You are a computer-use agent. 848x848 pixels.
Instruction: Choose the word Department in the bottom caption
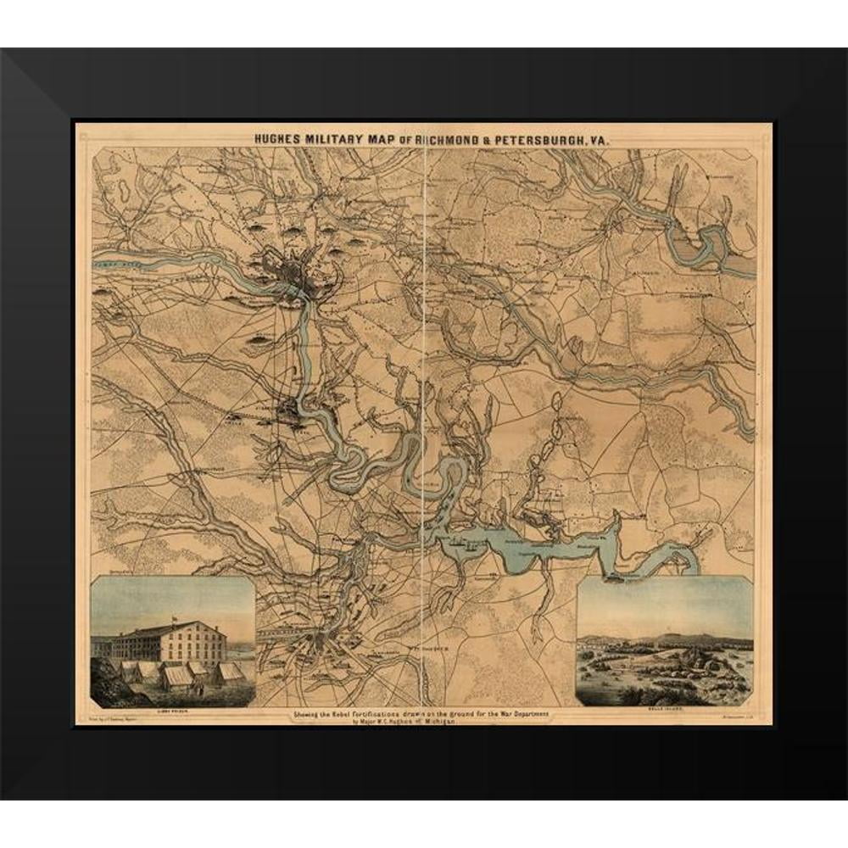pos(528,714)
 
